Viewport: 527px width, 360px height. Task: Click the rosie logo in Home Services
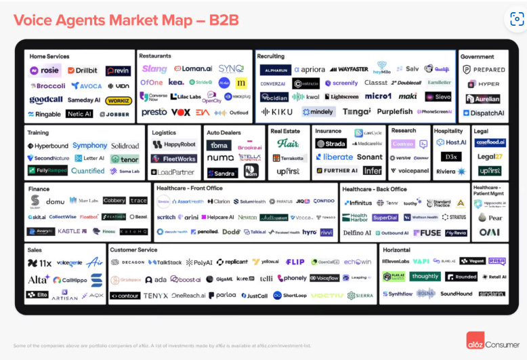tap(45, 71)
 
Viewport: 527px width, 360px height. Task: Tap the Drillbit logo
tap(83, 71)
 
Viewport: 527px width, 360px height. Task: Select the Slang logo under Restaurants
tap(154, 68)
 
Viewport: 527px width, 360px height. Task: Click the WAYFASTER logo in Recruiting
tap(349, 69)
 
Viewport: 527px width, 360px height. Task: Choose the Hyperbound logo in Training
tap(48, 146)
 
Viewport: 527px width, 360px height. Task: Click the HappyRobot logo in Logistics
tap(175, 144)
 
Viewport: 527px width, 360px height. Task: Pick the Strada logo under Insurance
tap(331, 144)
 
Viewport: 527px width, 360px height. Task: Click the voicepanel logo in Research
tap(410, 171)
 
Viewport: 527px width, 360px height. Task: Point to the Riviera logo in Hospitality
tap(450, 172)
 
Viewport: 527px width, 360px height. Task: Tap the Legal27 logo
tap(489, 157)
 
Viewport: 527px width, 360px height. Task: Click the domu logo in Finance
tap(55, 201)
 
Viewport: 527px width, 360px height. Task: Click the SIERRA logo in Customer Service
tap(360, 296)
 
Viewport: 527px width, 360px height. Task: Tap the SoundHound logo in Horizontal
tap(456, 294)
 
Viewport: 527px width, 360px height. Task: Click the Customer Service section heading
tap(133, 250)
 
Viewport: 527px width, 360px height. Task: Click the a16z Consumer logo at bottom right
tap(490, 342)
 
